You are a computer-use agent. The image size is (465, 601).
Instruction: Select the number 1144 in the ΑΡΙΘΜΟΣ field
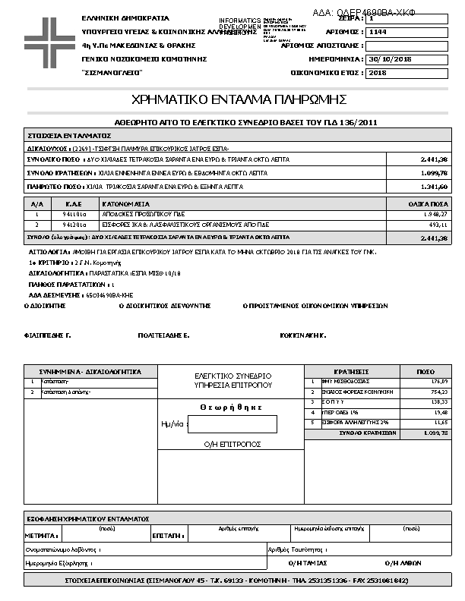point(378,33)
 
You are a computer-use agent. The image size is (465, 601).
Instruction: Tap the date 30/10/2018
point(389,58)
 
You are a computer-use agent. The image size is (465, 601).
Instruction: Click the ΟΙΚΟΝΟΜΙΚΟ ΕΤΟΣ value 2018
point(377,73)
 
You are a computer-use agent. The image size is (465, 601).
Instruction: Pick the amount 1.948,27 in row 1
point(435,215)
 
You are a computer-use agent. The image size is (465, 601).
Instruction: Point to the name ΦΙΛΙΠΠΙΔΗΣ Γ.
point(47,334)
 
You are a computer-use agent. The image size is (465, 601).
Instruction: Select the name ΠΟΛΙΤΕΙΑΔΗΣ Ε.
point(163,334)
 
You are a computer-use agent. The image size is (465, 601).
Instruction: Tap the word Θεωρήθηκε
point(231,407)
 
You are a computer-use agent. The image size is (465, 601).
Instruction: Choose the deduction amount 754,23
point(440,392)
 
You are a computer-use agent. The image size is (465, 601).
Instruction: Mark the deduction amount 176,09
point(440,381)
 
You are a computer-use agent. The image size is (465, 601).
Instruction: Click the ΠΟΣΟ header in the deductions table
point(425,371)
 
